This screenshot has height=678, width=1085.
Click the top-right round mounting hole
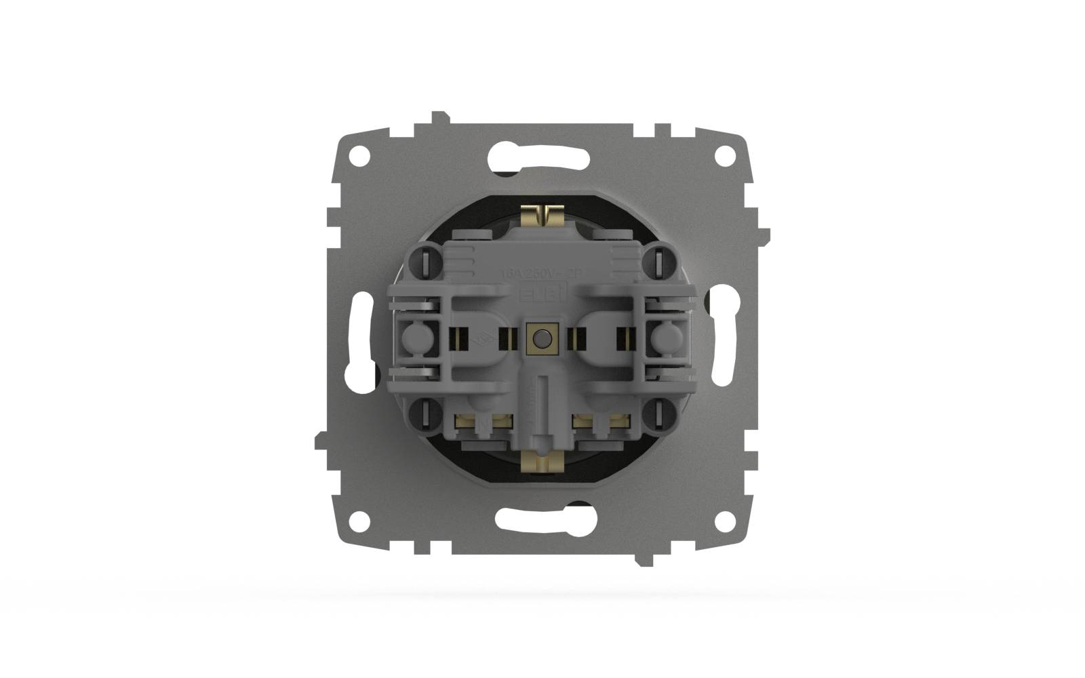pyautogui.click(x=724, y=155)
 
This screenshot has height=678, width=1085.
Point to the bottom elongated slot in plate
pyautogui.click(x=542, y=519)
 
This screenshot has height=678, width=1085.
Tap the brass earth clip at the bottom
pyautogui.click(x=542, y=463)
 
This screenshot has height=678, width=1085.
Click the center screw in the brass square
pyautogui.click(x=542, y=338)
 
